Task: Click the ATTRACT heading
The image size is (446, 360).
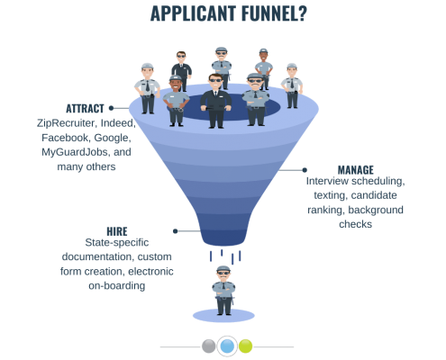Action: click(x=85, y=108)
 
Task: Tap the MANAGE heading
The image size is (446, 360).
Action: click(x=356, y=170)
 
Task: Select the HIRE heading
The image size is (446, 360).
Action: click(x=117, y=231)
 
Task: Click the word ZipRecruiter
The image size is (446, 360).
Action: click(x=67, y=123)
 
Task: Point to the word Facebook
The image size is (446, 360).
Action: click(x=66, y=138)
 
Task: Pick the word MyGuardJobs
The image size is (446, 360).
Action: click(x=75, y=152)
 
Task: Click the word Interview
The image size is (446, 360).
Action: click(x=327, y=181)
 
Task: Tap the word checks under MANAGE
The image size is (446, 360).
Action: click(x=355, y=224)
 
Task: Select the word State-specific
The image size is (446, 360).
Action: click(x=117, y=242)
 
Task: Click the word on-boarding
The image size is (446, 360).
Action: click(x=117, y=285)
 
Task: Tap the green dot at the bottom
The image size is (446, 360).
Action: click(x=245, y=346)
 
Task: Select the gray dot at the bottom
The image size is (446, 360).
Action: click(x=208, y=346)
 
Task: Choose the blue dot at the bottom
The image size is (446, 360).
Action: click(x=227, y=346)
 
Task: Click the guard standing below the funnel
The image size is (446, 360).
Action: click(x=223, y=291)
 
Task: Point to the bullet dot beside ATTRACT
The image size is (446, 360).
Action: click(x=111, y=108)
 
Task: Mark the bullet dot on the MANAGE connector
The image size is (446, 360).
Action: click(x=305, y=170)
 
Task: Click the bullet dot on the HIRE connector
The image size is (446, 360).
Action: click(x=176, y=231)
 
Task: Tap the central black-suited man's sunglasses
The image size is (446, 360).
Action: click(x=215, y=80)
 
